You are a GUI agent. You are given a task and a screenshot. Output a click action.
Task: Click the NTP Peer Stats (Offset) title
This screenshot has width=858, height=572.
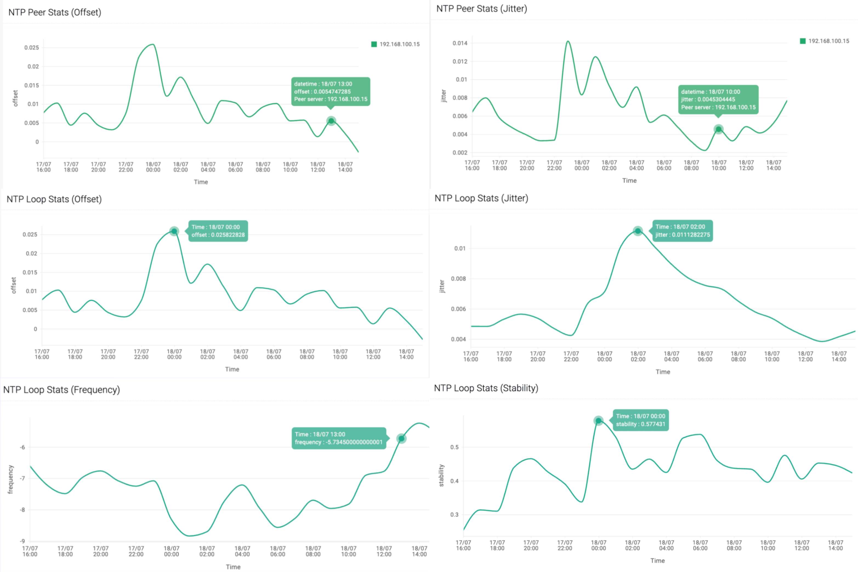55,12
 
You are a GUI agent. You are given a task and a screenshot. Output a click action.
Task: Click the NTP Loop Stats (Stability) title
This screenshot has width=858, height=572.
486,388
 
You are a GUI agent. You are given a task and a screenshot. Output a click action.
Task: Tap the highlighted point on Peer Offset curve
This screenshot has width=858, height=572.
331,121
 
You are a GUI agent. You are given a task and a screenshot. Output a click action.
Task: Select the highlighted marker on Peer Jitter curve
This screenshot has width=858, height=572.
718,129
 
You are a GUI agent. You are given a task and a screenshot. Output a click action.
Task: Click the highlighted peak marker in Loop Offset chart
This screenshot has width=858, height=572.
174,231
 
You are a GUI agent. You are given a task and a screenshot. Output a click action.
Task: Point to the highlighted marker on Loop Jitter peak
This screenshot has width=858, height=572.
637,231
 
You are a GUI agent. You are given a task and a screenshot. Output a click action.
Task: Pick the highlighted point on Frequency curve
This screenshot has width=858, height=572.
401,438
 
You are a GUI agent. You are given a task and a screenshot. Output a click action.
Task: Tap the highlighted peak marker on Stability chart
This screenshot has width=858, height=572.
598,421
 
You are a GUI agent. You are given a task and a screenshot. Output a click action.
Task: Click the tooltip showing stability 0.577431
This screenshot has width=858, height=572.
641,420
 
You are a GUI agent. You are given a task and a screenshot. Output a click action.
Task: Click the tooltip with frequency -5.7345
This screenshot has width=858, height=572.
339,438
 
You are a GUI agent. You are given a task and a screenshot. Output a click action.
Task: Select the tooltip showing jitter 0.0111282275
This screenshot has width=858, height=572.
682,231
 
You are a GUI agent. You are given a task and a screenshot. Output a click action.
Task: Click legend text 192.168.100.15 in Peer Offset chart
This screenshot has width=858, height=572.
399,44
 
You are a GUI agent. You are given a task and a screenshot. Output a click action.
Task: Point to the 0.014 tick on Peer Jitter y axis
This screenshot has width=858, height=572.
459,43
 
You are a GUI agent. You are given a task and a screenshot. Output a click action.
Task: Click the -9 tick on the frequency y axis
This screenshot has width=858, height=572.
22,541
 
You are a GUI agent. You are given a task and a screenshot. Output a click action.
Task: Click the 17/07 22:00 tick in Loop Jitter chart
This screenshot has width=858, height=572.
571,356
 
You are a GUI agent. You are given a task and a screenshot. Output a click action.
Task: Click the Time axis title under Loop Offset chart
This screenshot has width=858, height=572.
232,369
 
